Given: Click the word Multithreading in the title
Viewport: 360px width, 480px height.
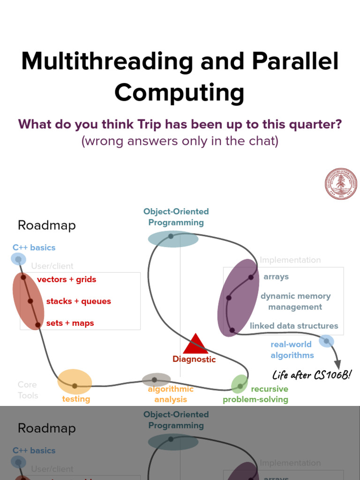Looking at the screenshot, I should pyautogui.click(x=106, y=61).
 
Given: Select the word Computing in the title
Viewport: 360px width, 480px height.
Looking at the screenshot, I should pyautogui.click(x=180, y=92).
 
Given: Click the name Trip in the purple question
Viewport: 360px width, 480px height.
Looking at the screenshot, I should pyautogui.click(x=149, y=125).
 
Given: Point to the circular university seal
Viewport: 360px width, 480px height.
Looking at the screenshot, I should pyautogui.click(x=341, y=184).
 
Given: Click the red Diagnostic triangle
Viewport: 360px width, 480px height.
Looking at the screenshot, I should pyautogui.click(x=195, y=344).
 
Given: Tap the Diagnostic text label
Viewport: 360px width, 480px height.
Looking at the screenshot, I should pyautogui.click(x=194, y=360).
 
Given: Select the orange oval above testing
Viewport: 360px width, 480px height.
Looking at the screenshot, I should pyautogui.click(x=75, y=382).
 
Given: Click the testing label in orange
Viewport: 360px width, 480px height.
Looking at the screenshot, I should pyautogui.click(x=76, y=399).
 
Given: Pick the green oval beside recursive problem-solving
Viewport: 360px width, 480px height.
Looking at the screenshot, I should pyautogui.click(x=240, y=384).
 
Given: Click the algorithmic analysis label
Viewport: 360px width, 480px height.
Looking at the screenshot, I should pyautogui.click(x=171, y=394).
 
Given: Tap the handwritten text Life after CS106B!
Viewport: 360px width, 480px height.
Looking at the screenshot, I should pyautogui.click(x=312, y=375).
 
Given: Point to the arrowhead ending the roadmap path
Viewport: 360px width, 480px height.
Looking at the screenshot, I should pyautogui.click(x=337, y=365).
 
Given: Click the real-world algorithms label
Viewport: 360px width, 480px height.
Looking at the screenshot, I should pyautogui.click(x=292, y=350).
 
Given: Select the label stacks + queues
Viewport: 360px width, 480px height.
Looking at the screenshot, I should pyautogui.click(x=78, y=301).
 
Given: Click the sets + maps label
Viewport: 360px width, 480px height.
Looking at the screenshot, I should pyautogui.click(x=70, y=323).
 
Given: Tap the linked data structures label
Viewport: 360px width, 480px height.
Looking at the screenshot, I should pyautogui.click(x=294, y=326).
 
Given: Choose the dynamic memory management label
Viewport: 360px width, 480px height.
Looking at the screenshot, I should pyautogui.click(x=295, y=301).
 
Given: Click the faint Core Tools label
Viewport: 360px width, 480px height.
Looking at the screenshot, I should pyautogui.click(x=28, y=390).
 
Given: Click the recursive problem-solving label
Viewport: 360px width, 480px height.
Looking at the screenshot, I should pyautogui.click(x=255, y=394).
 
